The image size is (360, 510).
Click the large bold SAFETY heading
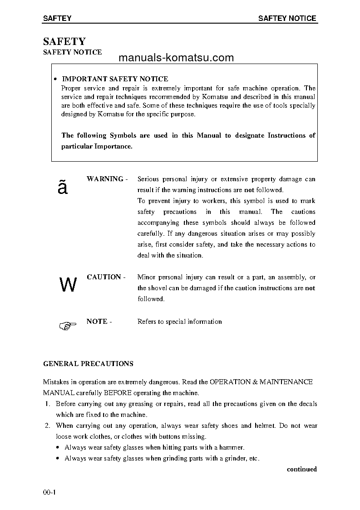coord(64,42)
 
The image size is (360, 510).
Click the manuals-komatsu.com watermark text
coord(176,58)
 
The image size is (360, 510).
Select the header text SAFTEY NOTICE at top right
coord(287,19)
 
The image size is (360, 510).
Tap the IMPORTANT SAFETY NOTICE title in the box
coord(114,79)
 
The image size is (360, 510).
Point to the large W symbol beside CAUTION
coord(68,285)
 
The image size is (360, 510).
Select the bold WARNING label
coord(105,179)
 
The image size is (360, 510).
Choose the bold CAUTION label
coord(104,277)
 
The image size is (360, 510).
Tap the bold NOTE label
coord(97,322)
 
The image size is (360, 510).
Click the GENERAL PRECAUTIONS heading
coord(88,364)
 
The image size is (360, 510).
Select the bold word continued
coord(301,469)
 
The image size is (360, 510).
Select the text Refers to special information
coord(179,322)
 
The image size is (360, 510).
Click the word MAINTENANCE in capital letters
coord(286,382)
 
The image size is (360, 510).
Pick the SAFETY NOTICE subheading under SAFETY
coord(72,52)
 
